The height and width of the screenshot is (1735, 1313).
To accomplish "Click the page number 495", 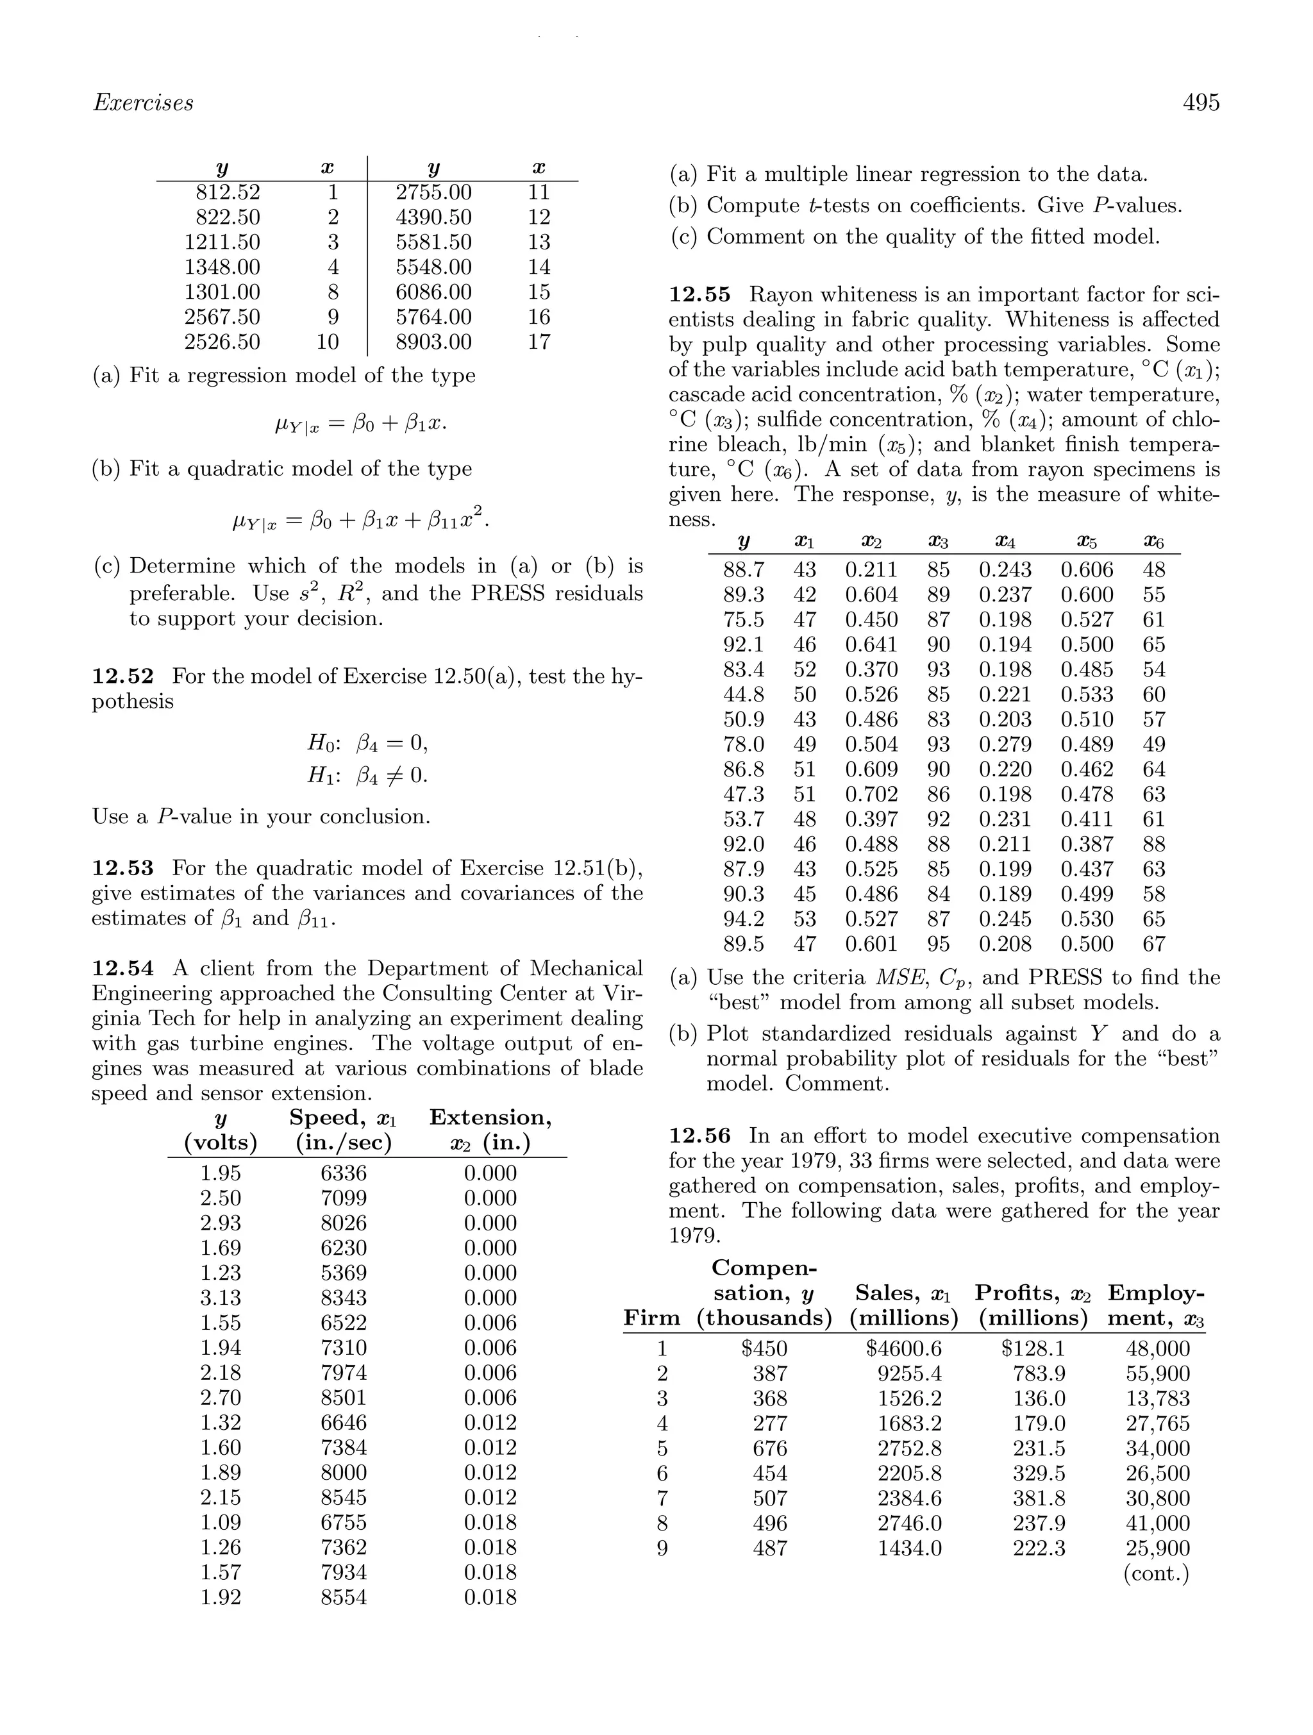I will pos(1201,103).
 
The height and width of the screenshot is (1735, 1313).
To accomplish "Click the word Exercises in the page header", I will pos(143,103).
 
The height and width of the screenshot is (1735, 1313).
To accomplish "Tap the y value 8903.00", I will pos(434,342).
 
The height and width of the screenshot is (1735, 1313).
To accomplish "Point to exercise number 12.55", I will pos(699,295).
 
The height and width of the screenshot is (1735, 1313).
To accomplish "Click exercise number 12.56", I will pos(699,1136).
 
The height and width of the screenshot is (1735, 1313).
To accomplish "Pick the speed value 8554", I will pos(344,1598).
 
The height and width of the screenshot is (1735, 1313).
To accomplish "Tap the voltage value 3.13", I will pos(221,1298).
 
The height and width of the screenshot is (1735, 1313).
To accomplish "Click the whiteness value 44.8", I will pos(744,695).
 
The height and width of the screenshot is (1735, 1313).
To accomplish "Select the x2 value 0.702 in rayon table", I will pos(871,794).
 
